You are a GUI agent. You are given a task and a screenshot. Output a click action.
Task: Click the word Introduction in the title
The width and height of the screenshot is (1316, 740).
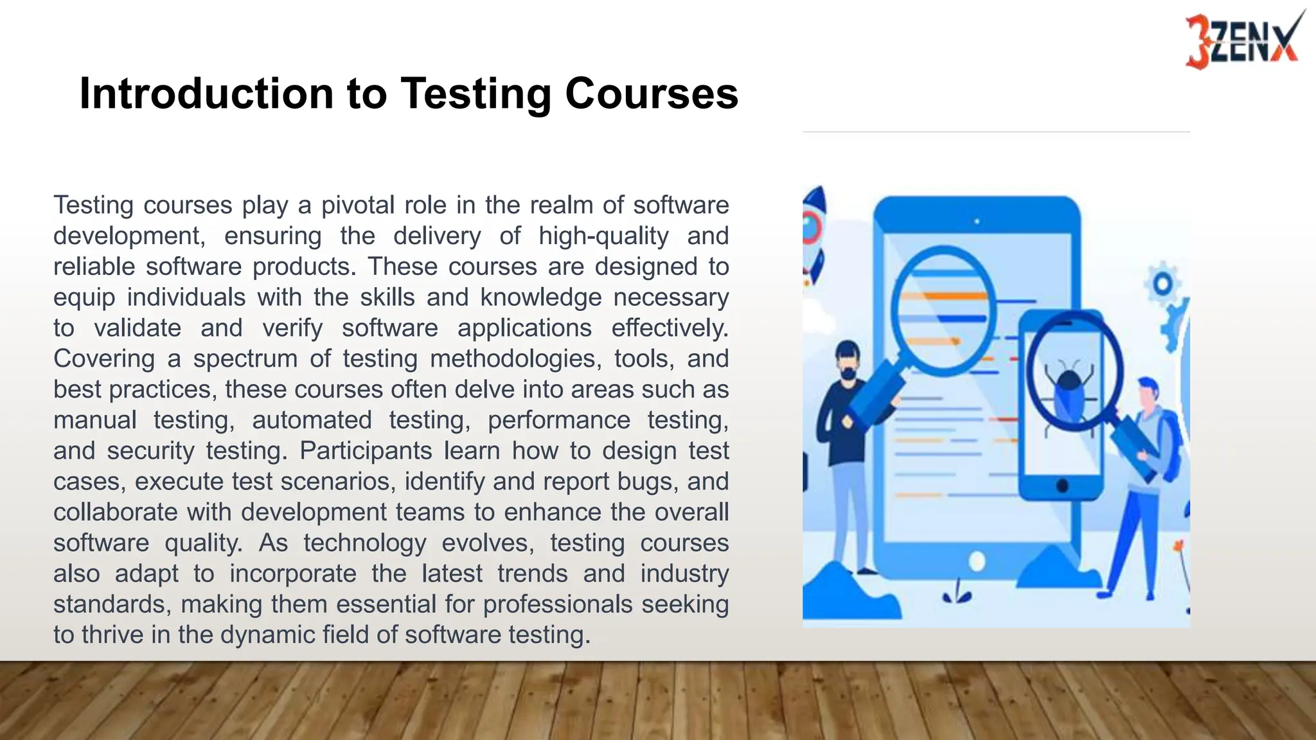tap(206, 94)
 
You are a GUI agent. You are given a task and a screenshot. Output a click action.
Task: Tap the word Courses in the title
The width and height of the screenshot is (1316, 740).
tap(652, 94)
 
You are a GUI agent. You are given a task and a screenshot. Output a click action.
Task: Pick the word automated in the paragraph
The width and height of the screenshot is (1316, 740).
tap(312, 420)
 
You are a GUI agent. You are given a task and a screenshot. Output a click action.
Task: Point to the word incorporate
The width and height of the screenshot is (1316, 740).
tap(292, 574)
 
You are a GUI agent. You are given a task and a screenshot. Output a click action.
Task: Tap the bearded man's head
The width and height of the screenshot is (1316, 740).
tap(849, 362)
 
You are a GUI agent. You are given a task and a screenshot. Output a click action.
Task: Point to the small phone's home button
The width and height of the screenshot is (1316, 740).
tap(1062, 486)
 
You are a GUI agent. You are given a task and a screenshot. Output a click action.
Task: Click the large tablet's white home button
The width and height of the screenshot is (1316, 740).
tap(977, 561)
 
